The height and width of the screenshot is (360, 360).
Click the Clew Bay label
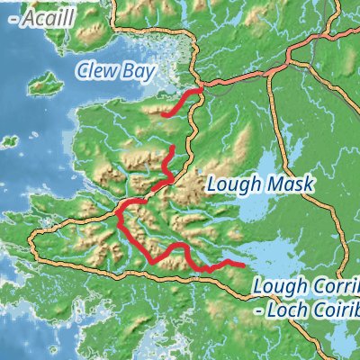(116, 70)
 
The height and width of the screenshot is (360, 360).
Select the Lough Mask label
(259, 184)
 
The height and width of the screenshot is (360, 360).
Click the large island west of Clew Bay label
(40, 87)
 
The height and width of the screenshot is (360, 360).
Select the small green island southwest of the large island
(8, 140)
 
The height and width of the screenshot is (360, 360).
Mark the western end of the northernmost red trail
(164, 114)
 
